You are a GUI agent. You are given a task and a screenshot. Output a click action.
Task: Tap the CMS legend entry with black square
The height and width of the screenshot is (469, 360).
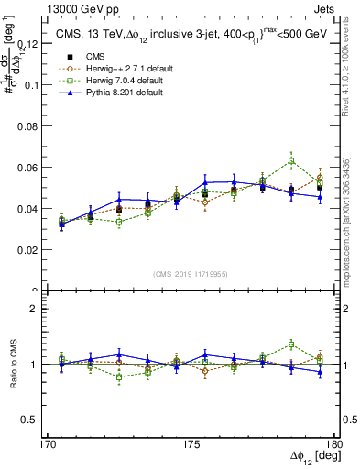(94, 55)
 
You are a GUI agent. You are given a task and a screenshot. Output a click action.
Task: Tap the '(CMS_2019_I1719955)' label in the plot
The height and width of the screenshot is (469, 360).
(191, 273)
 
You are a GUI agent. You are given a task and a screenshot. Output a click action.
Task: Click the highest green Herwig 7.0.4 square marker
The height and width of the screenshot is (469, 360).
(291, 160)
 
